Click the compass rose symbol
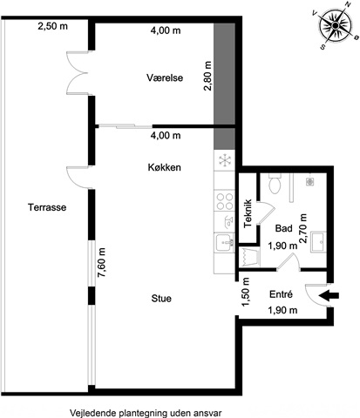coord(335,25)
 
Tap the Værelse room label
coord(165,78)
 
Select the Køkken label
coord(165,167)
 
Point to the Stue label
coord(161,299)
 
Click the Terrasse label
coord(47,207)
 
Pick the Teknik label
coord(248,213)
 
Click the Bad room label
coord(283,228)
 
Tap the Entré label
coord(281,294)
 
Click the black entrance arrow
coord(329,295)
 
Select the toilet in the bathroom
coord(275,184)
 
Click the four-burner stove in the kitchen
coord(225,201)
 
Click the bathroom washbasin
coord(318,242)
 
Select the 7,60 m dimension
coord(101,263)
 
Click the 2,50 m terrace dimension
coord(53,26)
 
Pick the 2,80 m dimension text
coord(207,76)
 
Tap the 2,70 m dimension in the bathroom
coord(302,228)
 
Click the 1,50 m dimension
coord(246,292)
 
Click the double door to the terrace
coord(78,73)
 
